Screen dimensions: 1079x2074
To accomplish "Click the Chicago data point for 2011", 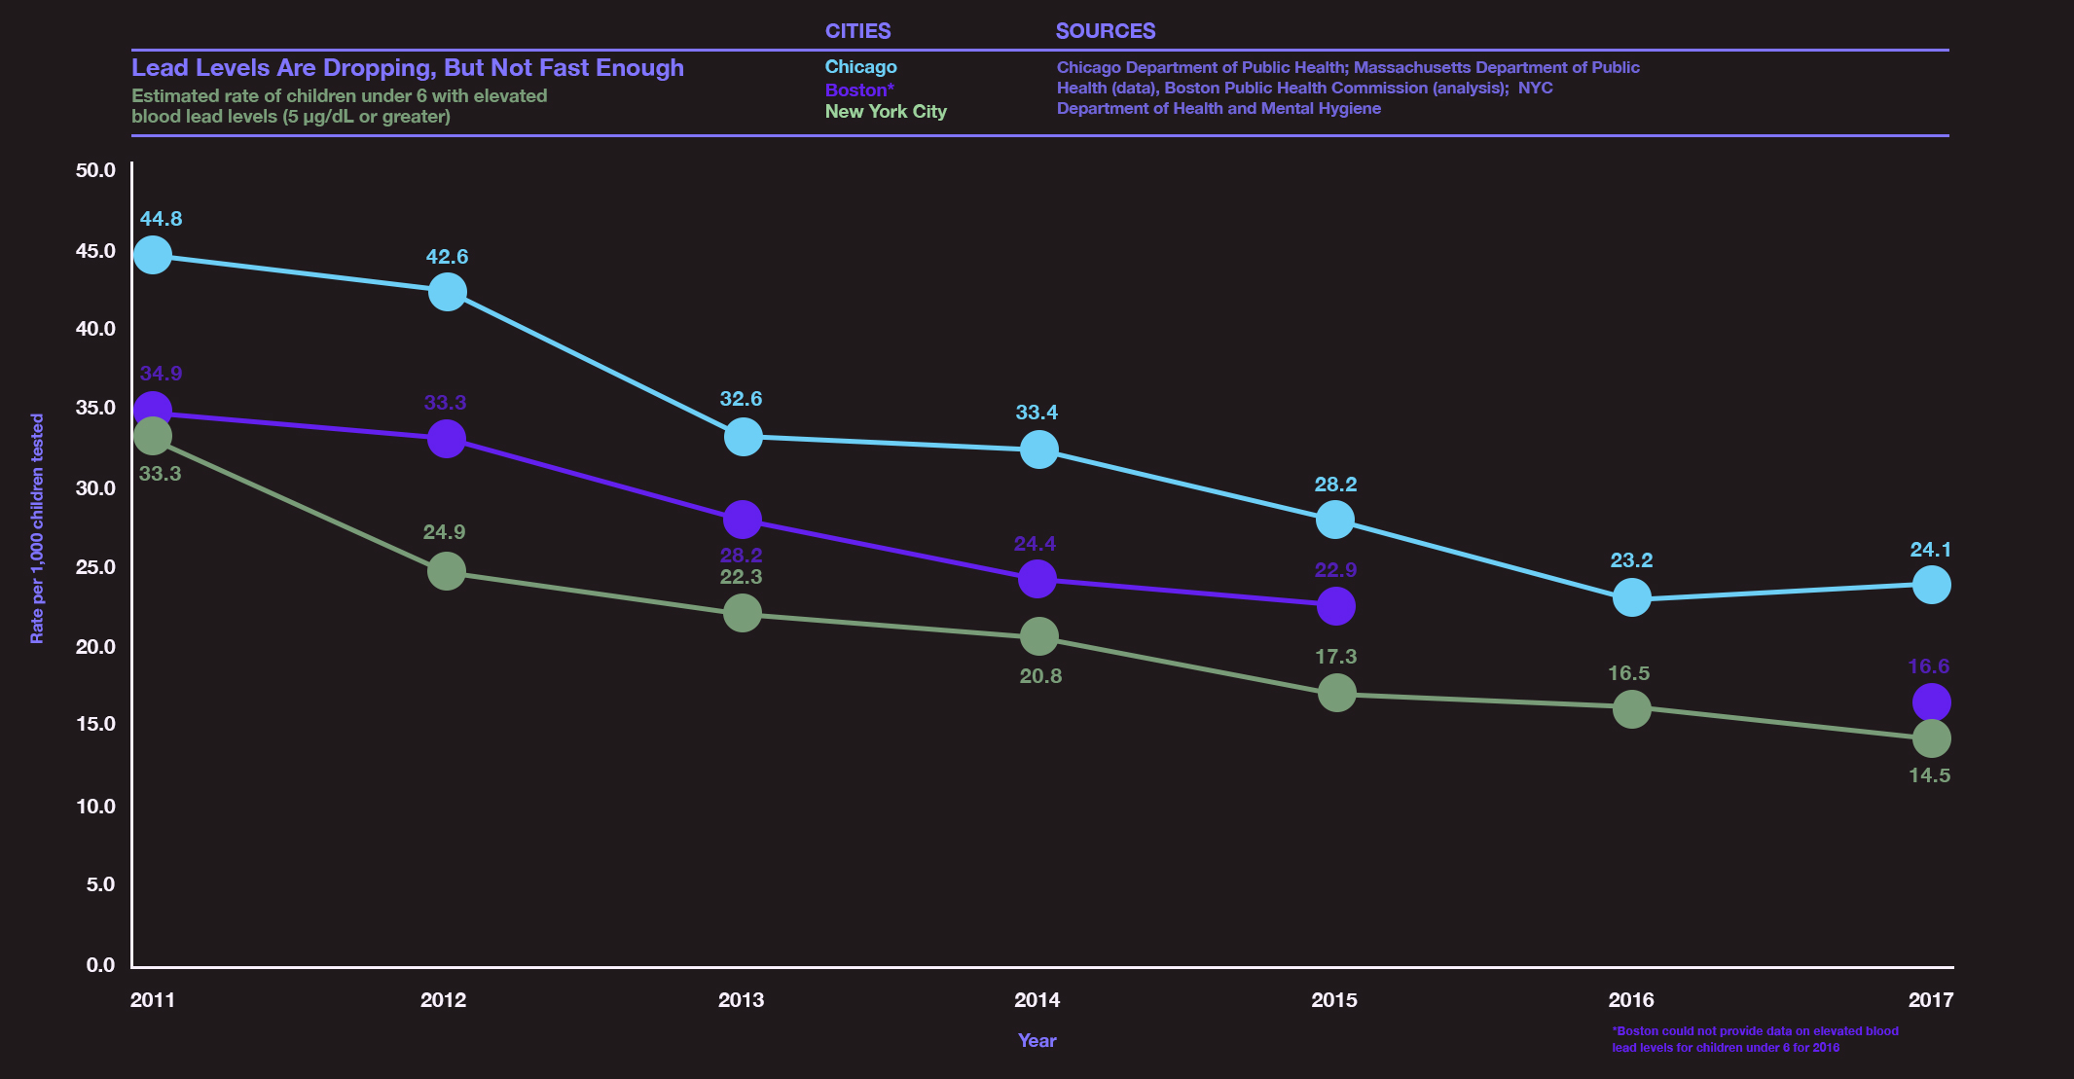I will point(153,255).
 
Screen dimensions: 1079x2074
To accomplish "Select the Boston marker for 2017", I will point(1931,701).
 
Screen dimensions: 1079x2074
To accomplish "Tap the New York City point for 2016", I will point(1631,708).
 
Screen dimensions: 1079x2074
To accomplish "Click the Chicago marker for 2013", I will point(743,437).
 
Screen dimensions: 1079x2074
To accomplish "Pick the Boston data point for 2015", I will point(1335,606).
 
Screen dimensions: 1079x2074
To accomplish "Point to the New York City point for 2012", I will point(447,571).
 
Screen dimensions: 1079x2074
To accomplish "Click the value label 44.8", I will point(161,219).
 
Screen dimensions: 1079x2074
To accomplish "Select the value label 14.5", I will point(1929,775).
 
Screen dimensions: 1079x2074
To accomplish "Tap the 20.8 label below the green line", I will point(1039,676).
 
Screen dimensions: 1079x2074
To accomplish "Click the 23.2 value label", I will point(1631,560).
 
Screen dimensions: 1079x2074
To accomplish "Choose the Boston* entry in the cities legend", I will point(858,90).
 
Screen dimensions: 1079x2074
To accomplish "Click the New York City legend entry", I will point(885,112).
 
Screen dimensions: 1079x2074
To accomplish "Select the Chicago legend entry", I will point(860,67).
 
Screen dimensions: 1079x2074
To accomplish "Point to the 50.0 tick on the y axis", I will point(95,170).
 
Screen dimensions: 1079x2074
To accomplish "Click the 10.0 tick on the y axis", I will point(95,806).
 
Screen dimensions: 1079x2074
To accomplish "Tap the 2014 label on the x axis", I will point(1037,999).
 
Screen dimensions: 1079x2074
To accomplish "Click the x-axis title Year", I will point(1037,1040).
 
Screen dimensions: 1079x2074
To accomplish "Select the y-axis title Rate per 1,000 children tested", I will point(37,528).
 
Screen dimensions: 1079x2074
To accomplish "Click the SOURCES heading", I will point(1105,31).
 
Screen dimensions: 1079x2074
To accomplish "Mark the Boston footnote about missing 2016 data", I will point(1754,1039).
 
